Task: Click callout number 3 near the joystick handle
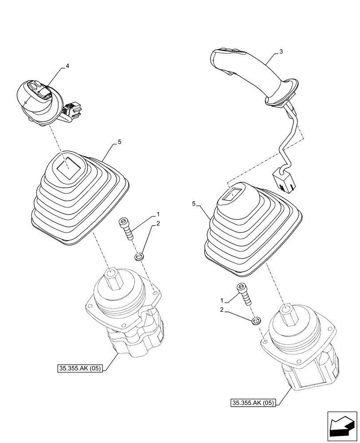[281, 52]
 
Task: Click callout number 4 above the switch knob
[67, 66]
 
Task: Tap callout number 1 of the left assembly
[158, 214]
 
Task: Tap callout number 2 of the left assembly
[157, 225]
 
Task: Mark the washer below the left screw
[139, 256]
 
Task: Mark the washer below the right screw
[255, 321]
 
